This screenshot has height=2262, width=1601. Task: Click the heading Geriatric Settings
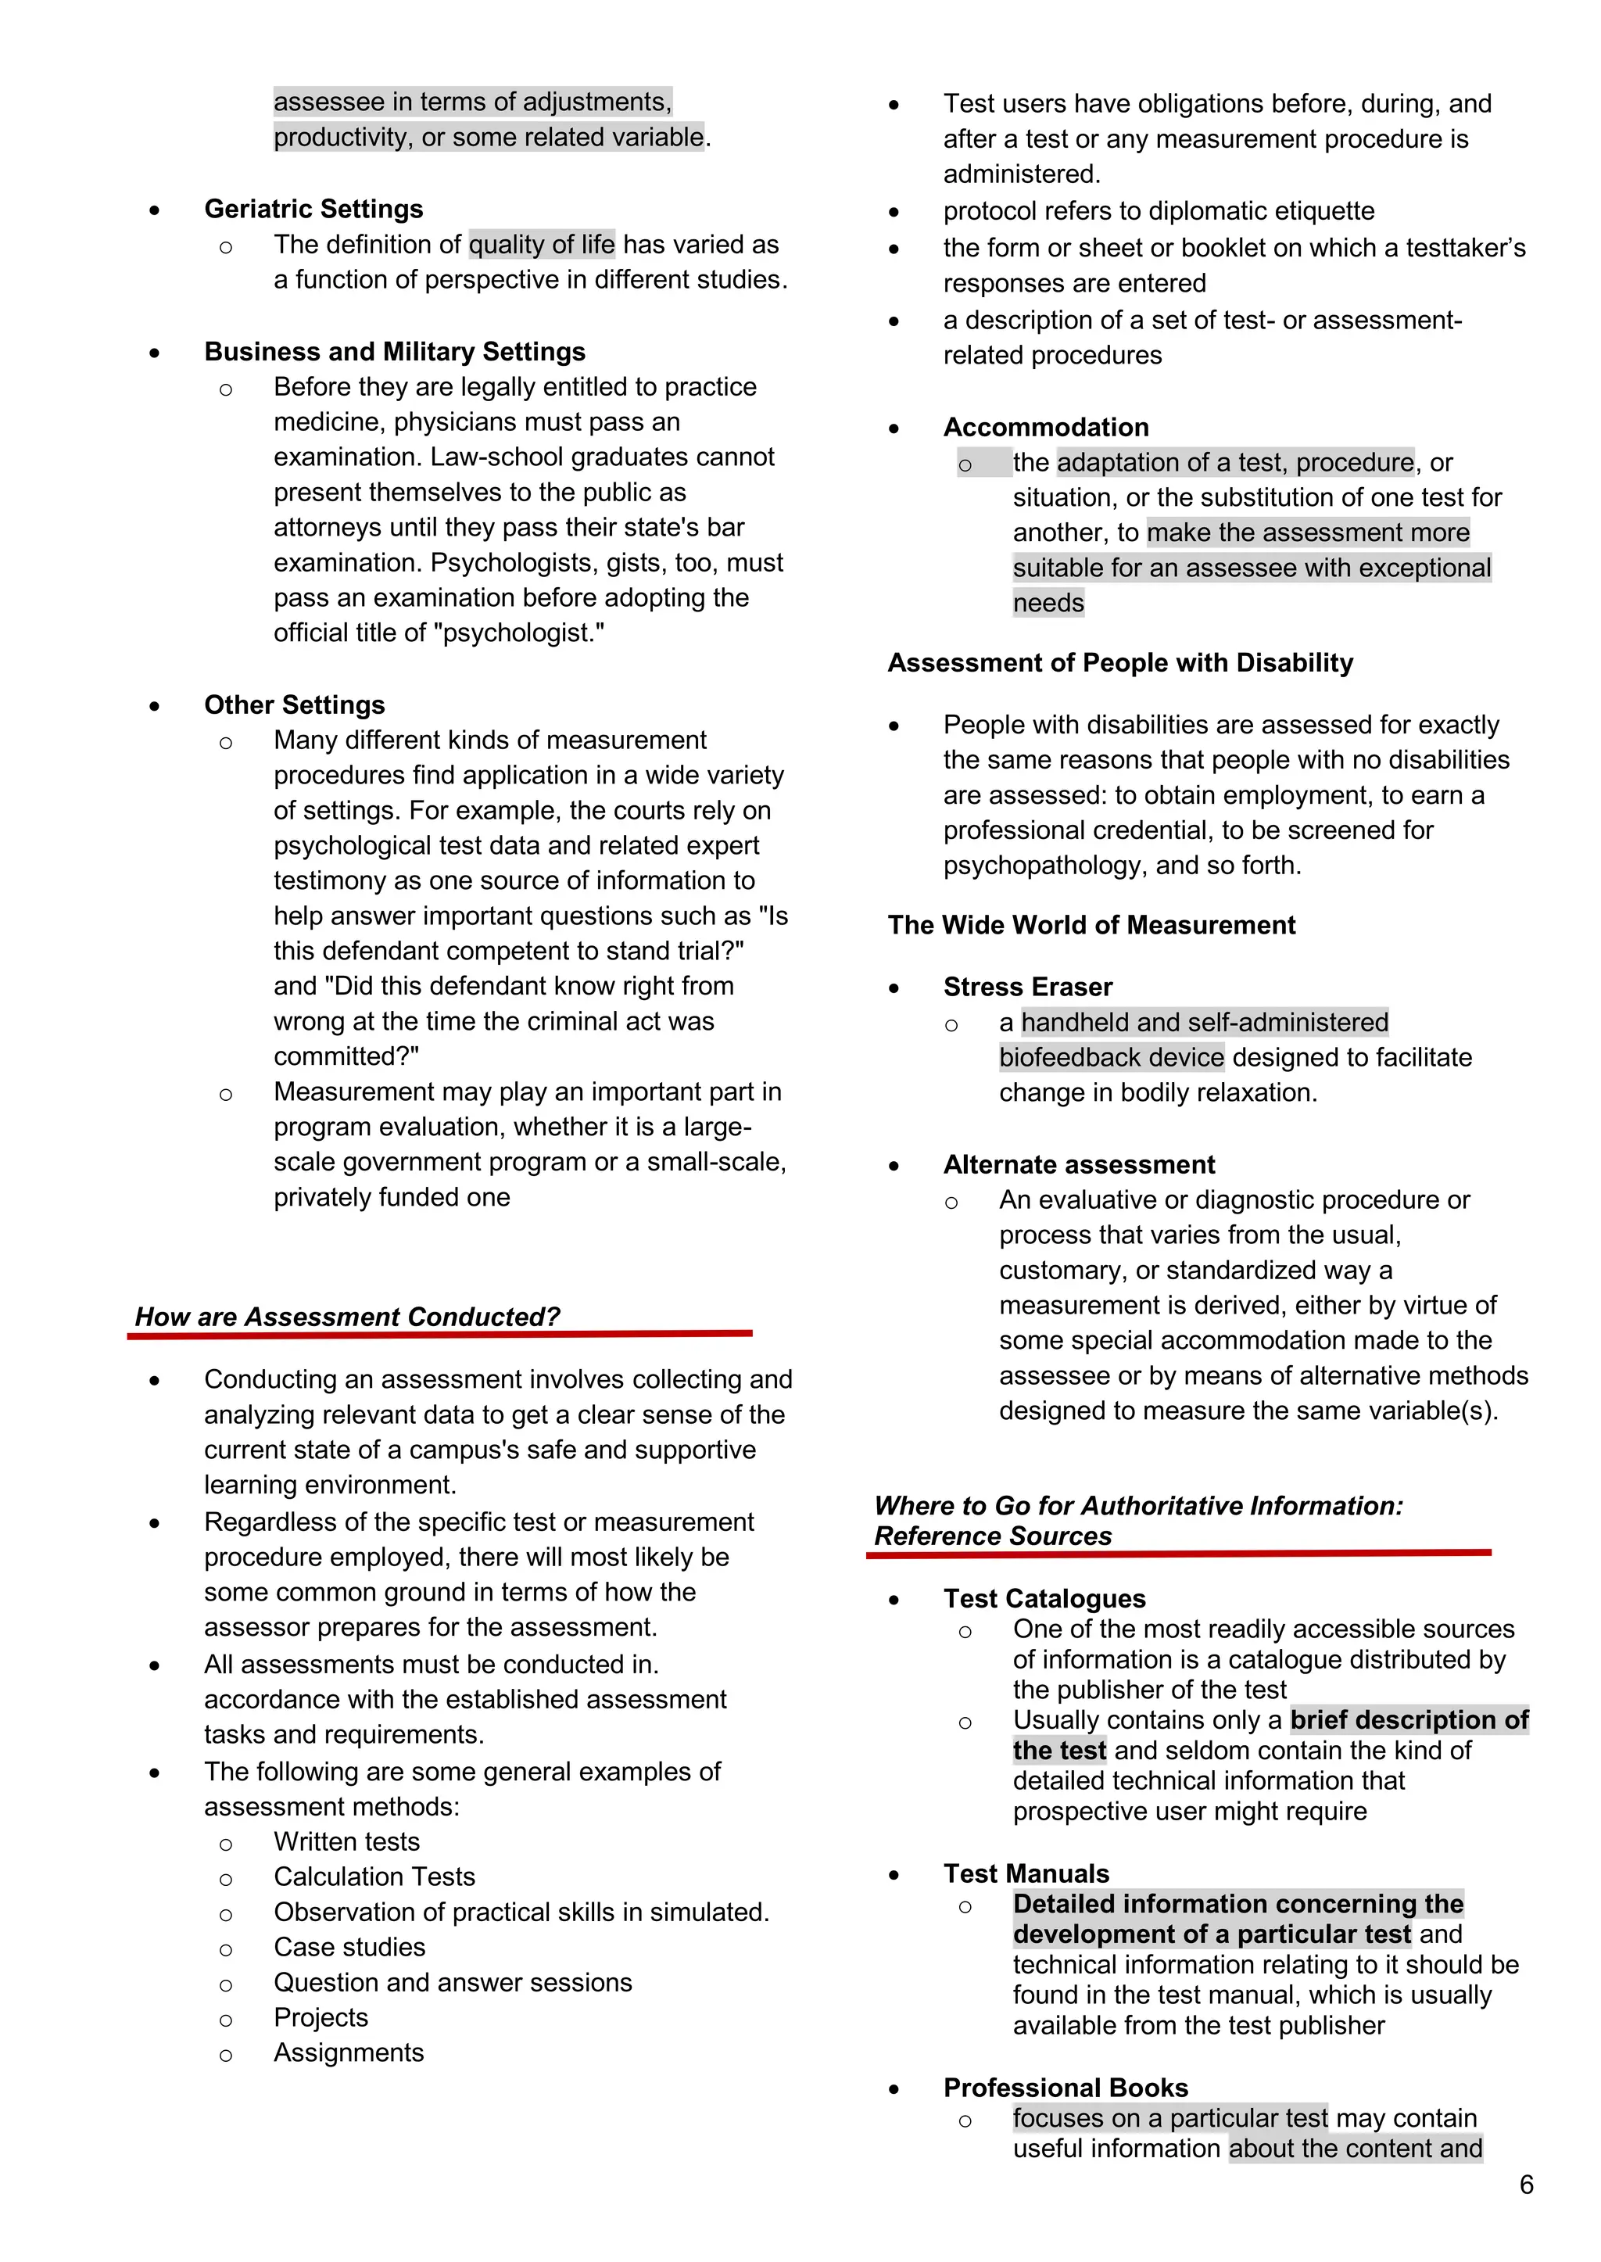tap(313, 209)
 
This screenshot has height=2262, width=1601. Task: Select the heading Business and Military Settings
tap(394, 352)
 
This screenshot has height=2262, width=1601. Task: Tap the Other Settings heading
tap(294, 705)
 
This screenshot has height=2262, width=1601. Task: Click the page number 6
tap(1526, 2185)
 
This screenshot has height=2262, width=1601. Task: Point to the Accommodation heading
tap(1046, 427)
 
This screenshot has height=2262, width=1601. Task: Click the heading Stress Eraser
tap(1027, 987)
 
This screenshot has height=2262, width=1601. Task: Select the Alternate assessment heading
tap(1079, 1164)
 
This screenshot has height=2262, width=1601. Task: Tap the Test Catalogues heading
tap(1044, 1598)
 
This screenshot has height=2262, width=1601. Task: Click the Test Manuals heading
tap(1026, 1873)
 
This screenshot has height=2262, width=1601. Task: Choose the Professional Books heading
tap(1065, 2088)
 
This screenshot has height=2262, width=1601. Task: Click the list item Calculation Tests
tap(374, 1877)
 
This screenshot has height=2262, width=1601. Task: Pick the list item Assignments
tap(349, 2053)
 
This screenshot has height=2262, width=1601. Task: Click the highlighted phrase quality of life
tap(541, 245)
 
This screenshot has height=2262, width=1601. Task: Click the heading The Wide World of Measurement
tap(1091, 925)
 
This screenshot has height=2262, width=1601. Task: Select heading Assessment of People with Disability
tap(1120, 662)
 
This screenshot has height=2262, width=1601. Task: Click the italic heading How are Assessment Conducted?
tap(347, 1317)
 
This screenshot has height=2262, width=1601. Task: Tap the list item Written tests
tap(347, 1842)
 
